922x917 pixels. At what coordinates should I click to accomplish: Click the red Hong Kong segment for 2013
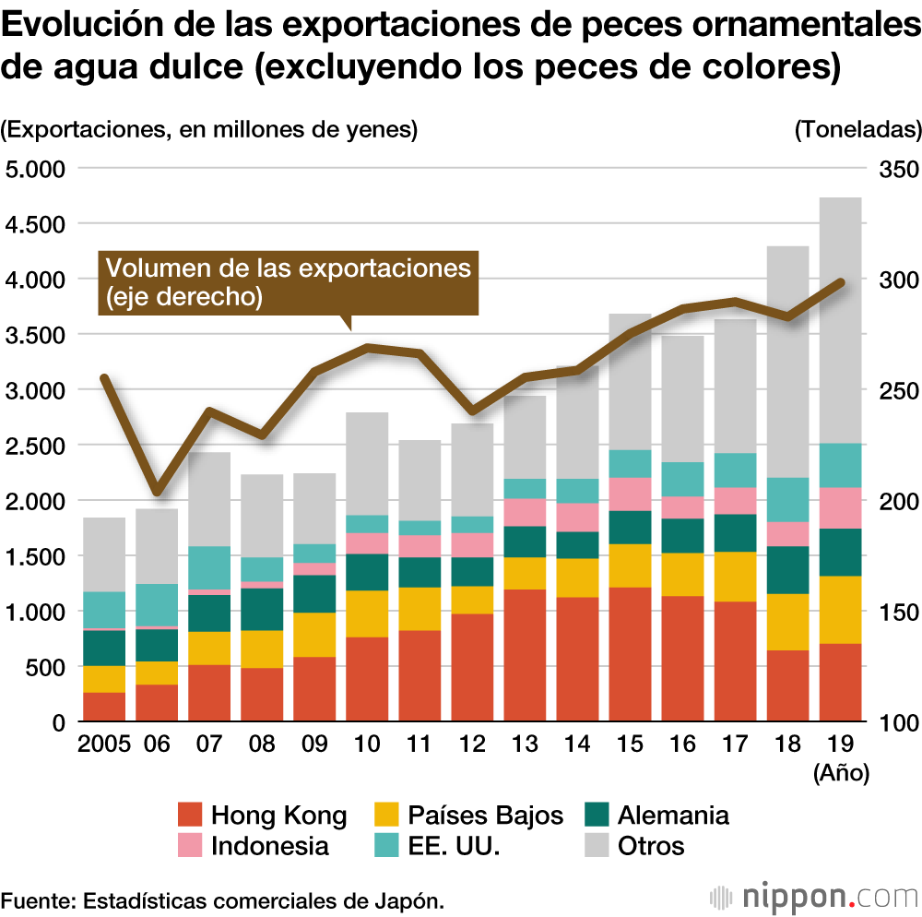(525, 655)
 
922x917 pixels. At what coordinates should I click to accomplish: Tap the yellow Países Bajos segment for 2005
(104, 679)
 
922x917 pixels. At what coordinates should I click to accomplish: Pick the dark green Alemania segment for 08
(262, 609)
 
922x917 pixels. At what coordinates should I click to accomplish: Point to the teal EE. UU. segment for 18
(787, 499)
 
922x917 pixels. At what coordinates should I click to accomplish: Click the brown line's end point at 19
(840, 281)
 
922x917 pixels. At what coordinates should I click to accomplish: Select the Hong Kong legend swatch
(188, 815)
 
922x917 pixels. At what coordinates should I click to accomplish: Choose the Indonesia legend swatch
(188, 845)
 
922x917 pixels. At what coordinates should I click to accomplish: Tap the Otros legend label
(651, 845)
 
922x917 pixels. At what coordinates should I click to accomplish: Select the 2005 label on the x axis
(104, 744)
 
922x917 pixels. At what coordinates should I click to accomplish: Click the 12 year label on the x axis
(472, 744)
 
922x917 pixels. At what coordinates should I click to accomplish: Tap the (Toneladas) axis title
(857, 130)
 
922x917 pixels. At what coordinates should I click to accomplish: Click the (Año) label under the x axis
(841, 773)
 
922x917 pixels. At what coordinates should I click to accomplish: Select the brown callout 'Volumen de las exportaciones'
(289, 281)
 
